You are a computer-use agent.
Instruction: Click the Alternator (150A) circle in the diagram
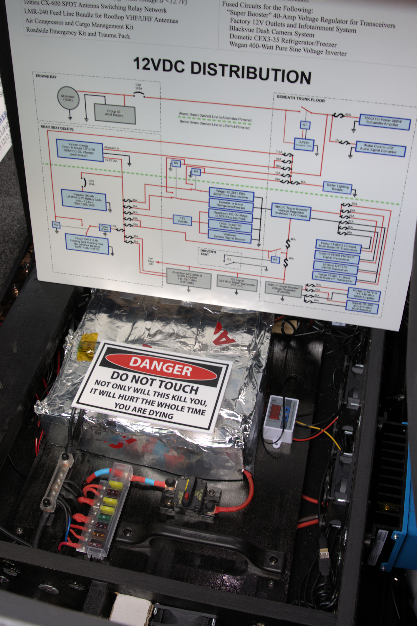(68, 98)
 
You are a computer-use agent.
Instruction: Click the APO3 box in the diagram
(304, 144)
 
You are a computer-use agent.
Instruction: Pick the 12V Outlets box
(182, 220)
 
